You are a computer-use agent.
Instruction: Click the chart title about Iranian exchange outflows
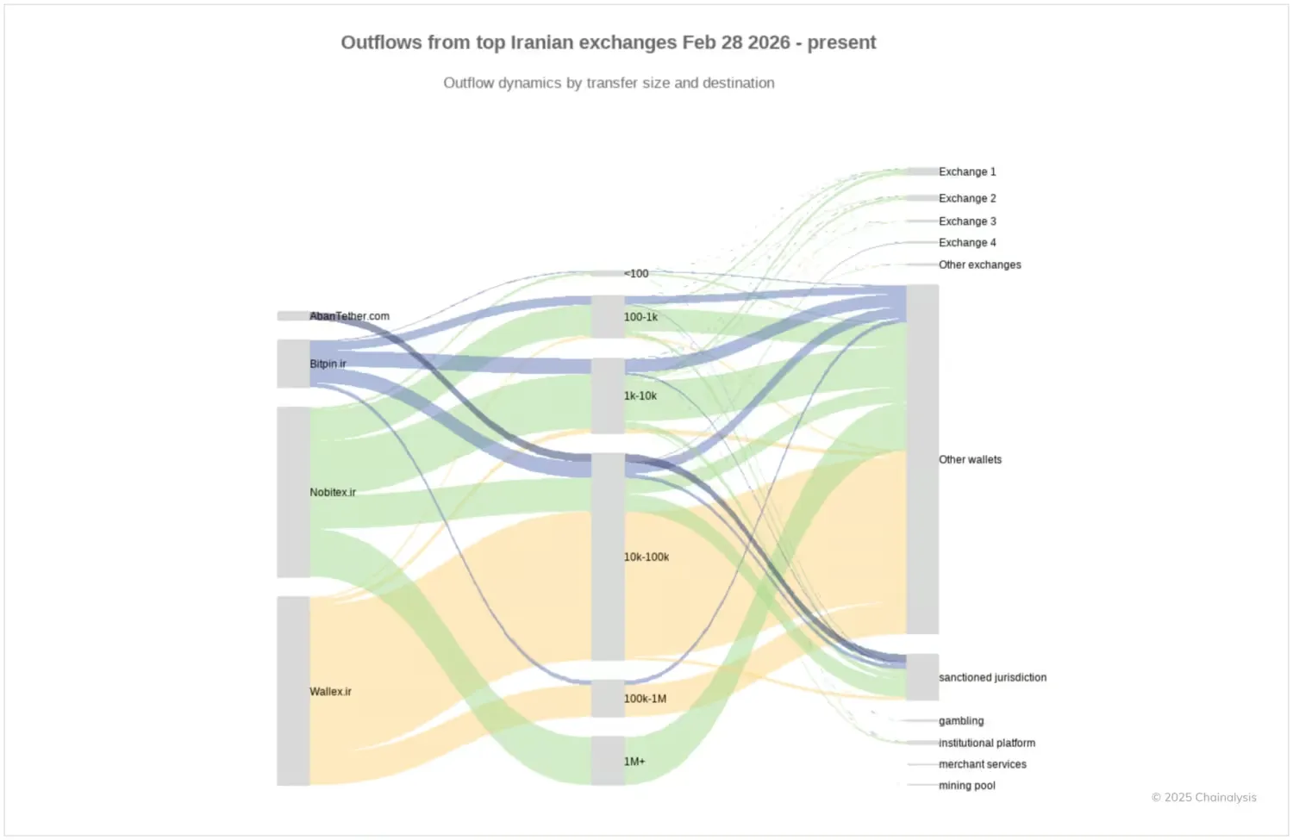(608, 43)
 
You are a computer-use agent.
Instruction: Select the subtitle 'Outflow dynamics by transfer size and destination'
(609, 84)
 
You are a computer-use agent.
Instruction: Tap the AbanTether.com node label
(349, 316)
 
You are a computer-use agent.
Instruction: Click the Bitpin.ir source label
(328, 364)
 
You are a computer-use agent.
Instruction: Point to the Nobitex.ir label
(333, 493)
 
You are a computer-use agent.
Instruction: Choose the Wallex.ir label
(330, 692)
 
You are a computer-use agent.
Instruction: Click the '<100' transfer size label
(636, 274)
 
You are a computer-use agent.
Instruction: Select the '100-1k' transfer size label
(640, 317)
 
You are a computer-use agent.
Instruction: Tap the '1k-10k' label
(640, 396)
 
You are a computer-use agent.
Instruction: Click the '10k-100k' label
(646, 557)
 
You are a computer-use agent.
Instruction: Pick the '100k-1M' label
(645, 699)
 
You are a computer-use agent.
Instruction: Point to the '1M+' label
(634, 762)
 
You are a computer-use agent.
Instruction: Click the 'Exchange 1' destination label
(967, 172)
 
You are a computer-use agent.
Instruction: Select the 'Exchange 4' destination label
(967, 243)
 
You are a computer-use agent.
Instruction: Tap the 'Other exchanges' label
(979, 265)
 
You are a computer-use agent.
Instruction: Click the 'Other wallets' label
(970, 460)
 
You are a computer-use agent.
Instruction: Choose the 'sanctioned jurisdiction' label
(992, 678)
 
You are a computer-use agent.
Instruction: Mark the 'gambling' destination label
(961, 721)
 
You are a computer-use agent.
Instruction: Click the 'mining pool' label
(966, 786)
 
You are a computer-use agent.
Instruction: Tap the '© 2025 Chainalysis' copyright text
(1203, 798)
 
